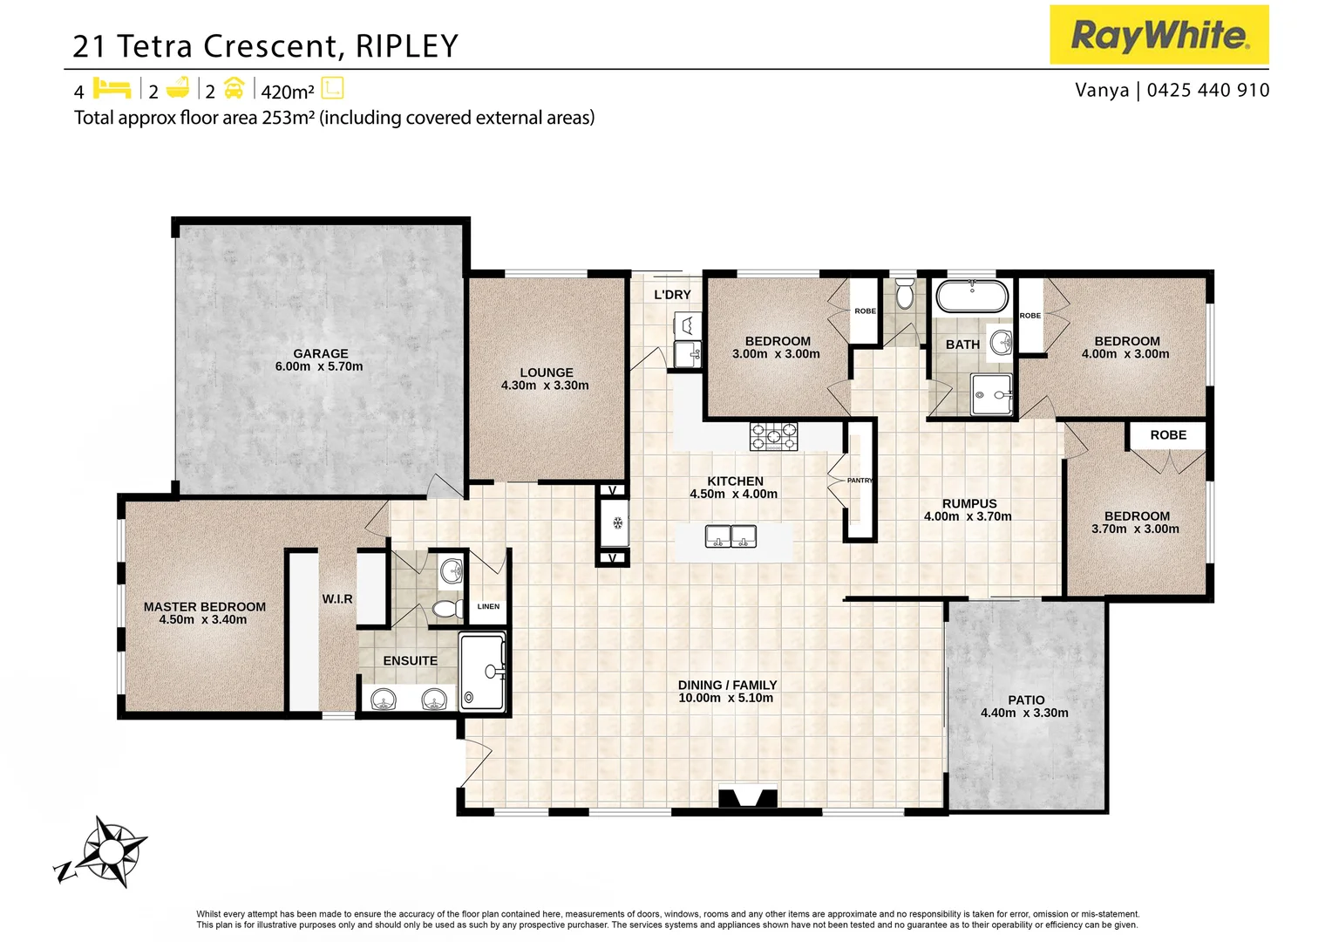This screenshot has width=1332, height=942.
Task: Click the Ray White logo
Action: tap(1159, 35)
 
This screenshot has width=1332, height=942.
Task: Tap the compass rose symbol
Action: tap(108, 850)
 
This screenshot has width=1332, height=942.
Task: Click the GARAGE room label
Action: tap(320, 353)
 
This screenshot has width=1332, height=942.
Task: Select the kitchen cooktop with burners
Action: tap(773, 435)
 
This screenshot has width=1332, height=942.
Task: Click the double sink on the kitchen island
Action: tap(731, 536)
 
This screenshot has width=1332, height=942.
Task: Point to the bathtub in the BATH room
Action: tap(972, 297)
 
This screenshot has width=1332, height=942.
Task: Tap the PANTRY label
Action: tap(860, 481)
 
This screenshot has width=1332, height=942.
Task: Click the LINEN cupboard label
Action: tap(488, 606)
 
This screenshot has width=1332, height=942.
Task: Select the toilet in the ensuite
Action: tap(448, 608)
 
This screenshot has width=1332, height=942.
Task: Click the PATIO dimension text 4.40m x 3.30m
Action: tap(1024, 713)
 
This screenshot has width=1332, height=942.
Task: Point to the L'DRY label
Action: tap(672, 295)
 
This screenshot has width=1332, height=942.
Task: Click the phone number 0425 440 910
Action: tap(1208, 90)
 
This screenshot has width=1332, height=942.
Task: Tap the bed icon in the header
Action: tap(112, 89)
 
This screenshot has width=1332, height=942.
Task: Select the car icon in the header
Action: tap(234, 89)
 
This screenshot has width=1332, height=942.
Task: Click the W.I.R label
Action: tap(337, 598)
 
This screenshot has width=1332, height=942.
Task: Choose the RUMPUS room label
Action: tap(968, 503)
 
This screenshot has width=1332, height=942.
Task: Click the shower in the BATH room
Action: tap(992, 394)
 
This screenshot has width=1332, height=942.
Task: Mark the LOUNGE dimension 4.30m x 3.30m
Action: tap(545, 385)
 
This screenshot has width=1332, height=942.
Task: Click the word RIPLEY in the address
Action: tap(406, 46)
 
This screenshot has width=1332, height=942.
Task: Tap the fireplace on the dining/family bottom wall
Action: tap(747, 798)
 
